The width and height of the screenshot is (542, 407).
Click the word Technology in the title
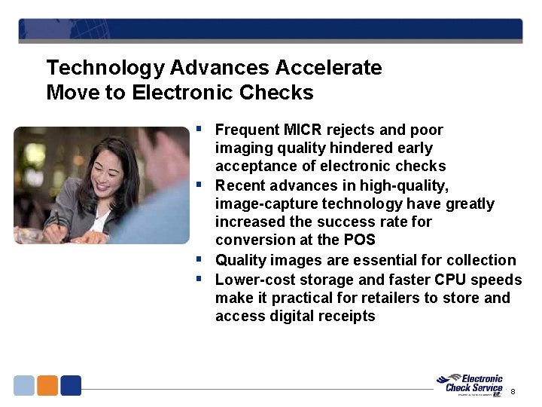coord(105,69)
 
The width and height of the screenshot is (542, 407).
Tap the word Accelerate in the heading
coord(328,69)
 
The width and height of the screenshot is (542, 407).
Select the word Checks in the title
coord(284,93)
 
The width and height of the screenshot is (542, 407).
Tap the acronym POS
coord(360,240)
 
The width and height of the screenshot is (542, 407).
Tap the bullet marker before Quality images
coord(199,259)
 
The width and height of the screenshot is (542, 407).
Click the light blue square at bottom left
coord(24,385)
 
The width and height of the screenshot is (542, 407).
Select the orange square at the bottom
coord(47,385)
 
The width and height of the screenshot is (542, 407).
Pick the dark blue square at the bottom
coord(71,385)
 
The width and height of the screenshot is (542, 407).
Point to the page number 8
coord(513,391)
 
